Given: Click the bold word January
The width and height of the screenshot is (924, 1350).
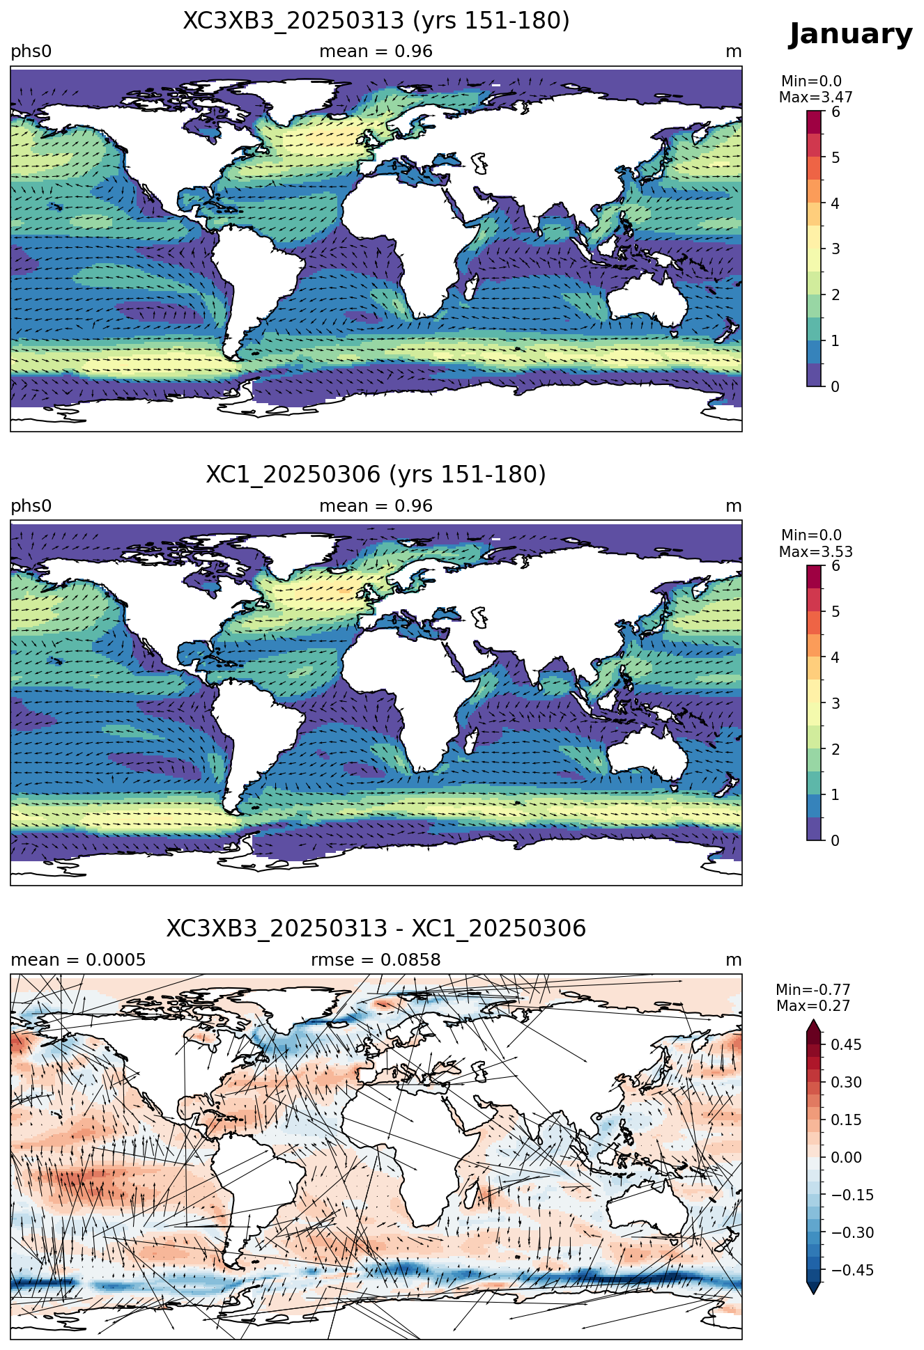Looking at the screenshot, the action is [850, 34].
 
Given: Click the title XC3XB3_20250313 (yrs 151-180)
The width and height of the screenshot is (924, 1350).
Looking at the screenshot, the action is [376, 21].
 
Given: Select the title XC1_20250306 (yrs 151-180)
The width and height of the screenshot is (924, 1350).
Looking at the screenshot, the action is [376, 475].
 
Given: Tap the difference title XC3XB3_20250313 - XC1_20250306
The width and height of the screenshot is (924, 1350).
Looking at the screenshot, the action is [376, 929].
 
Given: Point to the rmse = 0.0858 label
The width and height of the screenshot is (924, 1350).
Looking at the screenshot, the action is [376, 960].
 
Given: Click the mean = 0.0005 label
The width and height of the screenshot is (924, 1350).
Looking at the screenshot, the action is [78, 960].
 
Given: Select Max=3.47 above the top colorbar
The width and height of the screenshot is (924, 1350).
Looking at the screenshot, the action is [815, 97].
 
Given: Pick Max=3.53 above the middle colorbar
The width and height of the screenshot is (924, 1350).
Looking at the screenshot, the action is [815, 552].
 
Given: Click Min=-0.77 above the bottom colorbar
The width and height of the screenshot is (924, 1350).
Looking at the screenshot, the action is [813, 990].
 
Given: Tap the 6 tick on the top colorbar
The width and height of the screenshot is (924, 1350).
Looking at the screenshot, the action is [836, 112].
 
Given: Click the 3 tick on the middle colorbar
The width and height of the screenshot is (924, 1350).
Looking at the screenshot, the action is [836, 703].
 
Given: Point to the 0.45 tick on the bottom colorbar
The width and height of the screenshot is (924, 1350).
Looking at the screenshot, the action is [847, 1044].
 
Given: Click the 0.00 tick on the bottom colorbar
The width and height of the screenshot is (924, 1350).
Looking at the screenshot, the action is [847, 1157].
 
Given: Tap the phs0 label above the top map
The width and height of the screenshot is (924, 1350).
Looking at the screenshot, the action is [31, 52].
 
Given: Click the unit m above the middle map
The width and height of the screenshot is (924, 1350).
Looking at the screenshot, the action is [734, 506].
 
